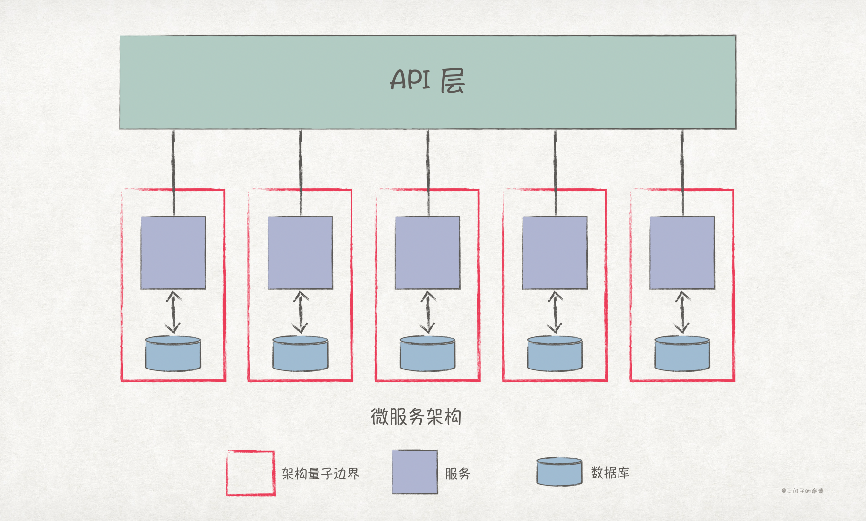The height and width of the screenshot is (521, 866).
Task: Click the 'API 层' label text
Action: coord(427,80)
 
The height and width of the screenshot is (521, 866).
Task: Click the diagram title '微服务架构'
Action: coord(416,417)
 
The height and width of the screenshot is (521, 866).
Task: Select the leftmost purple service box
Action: coord(173,253)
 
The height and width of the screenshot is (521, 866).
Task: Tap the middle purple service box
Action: coord(428,253)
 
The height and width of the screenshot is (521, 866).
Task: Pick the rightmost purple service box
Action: coord(682,253)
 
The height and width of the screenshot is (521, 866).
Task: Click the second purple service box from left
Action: coord(300,253)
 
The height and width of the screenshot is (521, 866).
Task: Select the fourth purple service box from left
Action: coord(555,253)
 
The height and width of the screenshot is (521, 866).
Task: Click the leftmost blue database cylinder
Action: coord(173,353)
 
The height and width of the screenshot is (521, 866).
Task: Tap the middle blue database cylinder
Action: coord(428,353)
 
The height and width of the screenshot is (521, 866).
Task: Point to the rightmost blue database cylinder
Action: coord(682,353)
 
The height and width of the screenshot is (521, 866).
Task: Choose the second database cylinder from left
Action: coord(300,353)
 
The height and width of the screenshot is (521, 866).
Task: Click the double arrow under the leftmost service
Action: coord(173,312)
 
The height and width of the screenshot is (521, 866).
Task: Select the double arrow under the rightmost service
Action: coord(682,312)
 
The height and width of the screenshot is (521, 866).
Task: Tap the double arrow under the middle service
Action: coord(428,312)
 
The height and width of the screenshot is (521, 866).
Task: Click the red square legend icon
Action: coord(250,473)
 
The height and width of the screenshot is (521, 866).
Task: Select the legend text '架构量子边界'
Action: coord(320,474)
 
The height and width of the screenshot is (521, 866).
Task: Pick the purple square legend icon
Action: coord(414,472)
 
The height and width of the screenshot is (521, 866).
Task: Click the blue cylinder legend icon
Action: coord(559,472)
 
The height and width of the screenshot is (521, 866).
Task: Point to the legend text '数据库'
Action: coord(610,473)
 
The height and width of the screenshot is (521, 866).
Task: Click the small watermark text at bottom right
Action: coord(802,491)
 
